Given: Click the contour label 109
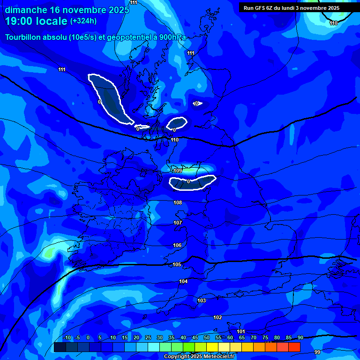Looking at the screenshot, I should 178,171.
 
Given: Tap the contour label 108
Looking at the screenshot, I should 178,202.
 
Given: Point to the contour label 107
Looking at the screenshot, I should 178,223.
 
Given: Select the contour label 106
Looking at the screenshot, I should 177,245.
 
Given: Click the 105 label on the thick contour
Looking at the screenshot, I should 177,265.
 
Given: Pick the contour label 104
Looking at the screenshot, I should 183,281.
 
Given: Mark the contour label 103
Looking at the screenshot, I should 202,300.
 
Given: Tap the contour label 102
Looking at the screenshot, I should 217,317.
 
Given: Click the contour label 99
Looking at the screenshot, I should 317,352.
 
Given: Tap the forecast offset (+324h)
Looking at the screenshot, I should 83,21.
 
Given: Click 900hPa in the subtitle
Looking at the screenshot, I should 173,37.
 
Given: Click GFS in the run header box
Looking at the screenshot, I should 263,8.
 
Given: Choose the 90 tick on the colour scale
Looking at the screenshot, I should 300,338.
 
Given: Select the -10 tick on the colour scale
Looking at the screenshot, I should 67,338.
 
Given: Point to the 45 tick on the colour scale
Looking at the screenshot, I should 195,338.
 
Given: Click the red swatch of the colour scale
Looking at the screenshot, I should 294,347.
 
